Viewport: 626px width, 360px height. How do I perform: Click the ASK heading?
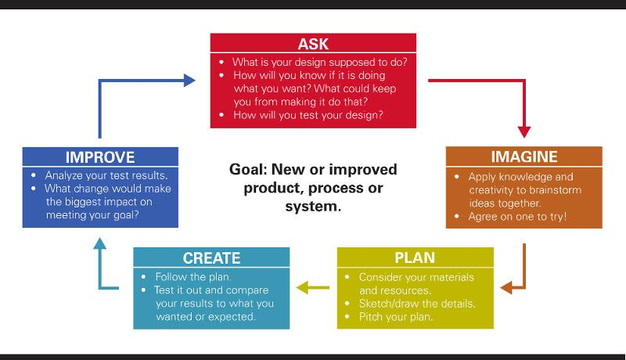coord(313,44)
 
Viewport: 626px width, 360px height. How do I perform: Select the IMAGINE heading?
coord(523,157)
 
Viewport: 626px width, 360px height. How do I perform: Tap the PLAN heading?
coord(415,257)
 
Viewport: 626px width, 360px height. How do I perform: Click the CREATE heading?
coord(211,258)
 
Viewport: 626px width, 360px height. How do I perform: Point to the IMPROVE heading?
coord(100,157)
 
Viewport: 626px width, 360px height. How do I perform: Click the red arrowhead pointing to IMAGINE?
coord(524,132)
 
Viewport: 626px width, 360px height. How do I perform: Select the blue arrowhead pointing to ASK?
coord(189,81)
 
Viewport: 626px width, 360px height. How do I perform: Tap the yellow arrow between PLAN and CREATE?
coord(312,287)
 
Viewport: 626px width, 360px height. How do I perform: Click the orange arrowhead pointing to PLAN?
coord(506,287)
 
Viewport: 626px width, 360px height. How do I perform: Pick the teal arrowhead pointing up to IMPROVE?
coord(100,243)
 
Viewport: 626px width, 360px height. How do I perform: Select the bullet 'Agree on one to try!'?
coord(517,217)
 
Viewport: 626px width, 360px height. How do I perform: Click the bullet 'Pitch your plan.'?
coord(396,317)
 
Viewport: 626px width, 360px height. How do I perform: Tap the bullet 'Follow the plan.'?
coord(192,276)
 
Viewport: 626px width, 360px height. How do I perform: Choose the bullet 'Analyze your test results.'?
coord(106,175)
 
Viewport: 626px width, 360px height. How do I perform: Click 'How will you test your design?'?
coord(308,115)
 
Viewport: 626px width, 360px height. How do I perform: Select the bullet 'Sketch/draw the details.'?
coord(417,304)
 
